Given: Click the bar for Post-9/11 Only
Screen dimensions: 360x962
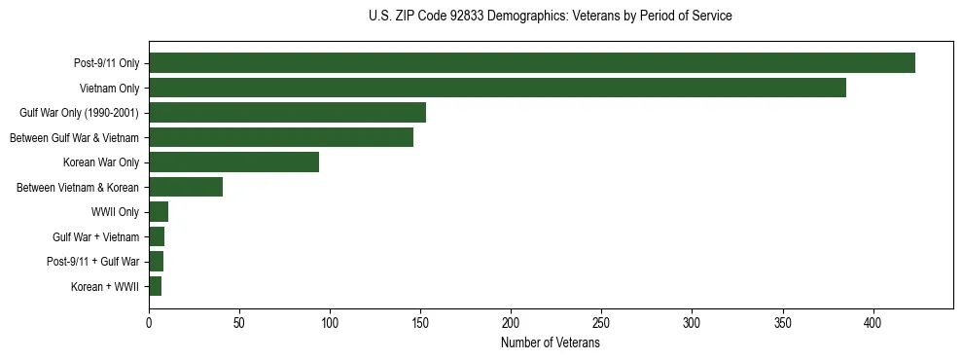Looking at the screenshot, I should tap(532, 63).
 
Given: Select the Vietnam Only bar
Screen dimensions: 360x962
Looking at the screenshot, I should tap(497, 88).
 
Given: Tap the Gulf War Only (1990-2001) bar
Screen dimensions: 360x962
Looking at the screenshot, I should tap(287, 113).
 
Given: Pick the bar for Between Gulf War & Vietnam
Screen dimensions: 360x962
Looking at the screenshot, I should tap(281, 137).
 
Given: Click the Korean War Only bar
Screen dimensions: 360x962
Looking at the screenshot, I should tap(233, 162).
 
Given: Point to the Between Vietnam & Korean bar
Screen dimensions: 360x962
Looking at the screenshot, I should tap(186, 187).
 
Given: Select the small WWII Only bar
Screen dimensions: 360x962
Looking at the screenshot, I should tap(159, 212).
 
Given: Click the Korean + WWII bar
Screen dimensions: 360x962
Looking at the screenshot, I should tap(156, 286).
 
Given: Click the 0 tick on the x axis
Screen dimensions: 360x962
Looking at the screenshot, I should tap(149, 322).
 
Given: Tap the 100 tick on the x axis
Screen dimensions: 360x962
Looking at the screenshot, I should tap(330, 322).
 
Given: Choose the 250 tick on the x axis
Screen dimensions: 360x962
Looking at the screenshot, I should tap(602, 322).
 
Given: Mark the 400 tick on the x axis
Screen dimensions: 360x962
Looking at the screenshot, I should tap(873, 322).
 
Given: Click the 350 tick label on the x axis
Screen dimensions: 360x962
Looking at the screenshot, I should tap(783, 322).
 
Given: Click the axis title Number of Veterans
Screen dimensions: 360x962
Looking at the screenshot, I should tap(550, 342).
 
